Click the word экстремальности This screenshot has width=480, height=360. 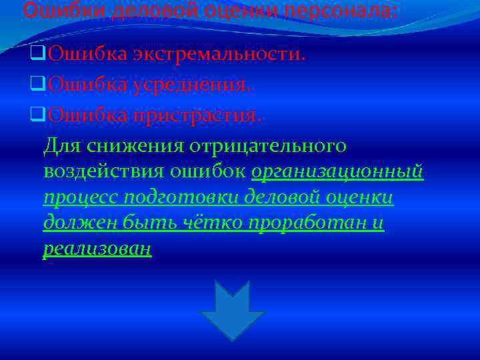pos(219,54)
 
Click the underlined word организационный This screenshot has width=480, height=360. pos(337,171)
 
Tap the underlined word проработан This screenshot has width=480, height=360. pos(307,223)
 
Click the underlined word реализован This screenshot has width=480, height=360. pos(97,249)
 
